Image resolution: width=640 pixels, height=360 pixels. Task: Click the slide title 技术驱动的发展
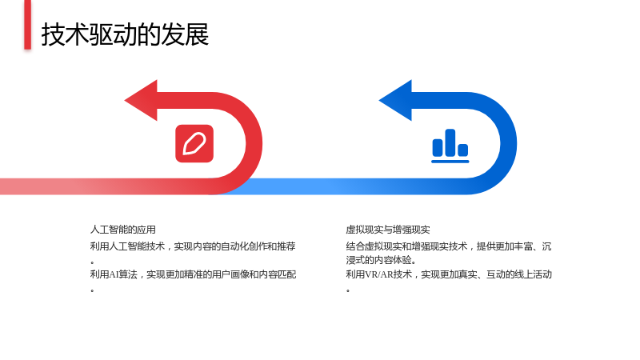tap(125, 34)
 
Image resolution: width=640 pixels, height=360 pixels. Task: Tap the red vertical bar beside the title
tap(27, 25)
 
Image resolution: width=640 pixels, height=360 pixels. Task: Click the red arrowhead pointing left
tap(142, 101)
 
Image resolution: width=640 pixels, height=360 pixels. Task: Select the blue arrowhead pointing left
tap(396, 101)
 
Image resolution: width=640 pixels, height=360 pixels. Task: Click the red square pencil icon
tap(194, 144)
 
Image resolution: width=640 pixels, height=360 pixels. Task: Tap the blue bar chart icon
tap(450, 146)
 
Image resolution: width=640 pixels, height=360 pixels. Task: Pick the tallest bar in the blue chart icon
tap(450, 142)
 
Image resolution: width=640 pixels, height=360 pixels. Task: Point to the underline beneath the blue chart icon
tap(450, 162)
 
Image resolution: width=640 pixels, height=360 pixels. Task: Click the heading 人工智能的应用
tap(123, 230)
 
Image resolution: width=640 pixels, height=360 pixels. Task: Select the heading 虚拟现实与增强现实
tap(388, 230)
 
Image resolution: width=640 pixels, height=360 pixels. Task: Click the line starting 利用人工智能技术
tap(193, 246)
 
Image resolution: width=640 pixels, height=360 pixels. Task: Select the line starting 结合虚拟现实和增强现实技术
tap(449, 246)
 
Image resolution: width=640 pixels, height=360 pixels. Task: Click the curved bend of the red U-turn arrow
tap(254, 144)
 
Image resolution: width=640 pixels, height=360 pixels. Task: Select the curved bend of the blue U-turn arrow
tap(509, 144)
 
